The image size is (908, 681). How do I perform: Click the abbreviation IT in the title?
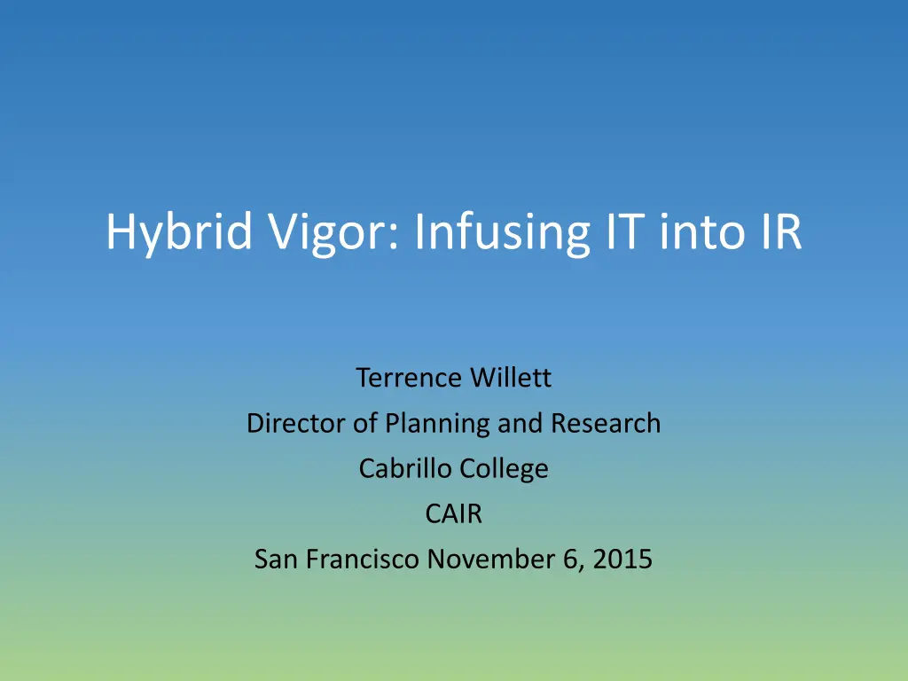(625, 231)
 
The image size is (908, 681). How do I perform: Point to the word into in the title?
(702, 231)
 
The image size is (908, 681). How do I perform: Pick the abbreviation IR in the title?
(781, 231)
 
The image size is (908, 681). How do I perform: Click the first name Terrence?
(408, 378)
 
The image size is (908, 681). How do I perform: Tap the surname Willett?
(510, 378)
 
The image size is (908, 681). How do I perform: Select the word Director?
(296, 423)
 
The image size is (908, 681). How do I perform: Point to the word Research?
(605, 423)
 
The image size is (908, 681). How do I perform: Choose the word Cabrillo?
(398, 468)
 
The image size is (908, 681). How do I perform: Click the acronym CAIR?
(453, 513)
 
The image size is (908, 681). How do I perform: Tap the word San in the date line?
(276, 559)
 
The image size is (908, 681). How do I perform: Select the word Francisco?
(363, 559)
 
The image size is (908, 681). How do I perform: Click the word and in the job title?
(520, 423)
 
